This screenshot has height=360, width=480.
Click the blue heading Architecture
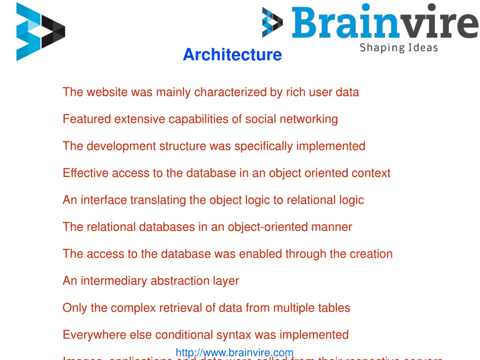coord(232,54)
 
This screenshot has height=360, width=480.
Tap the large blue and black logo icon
coord(40,31)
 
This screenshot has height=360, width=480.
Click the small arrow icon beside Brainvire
coord(272,22)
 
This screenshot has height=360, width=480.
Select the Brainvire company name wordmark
coord(378,23)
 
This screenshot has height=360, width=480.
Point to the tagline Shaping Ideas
coord(398,47)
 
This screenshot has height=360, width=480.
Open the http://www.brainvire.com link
coord(235,352)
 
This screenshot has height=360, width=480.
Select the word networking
coord(309,119)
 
